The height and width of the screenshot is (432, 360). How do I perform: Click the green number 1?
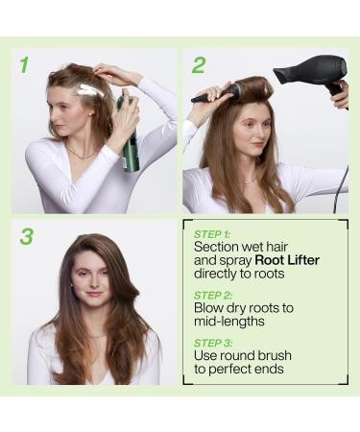tap(24, 65)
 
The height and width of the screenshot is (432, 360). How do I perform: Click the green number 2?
tap(198, 65)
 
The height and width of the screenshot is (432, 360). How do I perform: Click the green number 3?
tap(28, 235)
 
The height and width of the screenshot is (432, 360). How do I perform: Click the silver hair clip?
tap(88, 90)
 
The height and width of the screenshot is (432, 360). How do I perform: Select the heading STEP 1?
tap(212, 233)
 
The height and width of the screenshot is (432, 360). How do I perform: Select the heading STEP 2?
tap(212, 295)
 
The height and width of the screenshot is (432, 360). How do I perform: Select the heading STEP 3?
tap(212, 343)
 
